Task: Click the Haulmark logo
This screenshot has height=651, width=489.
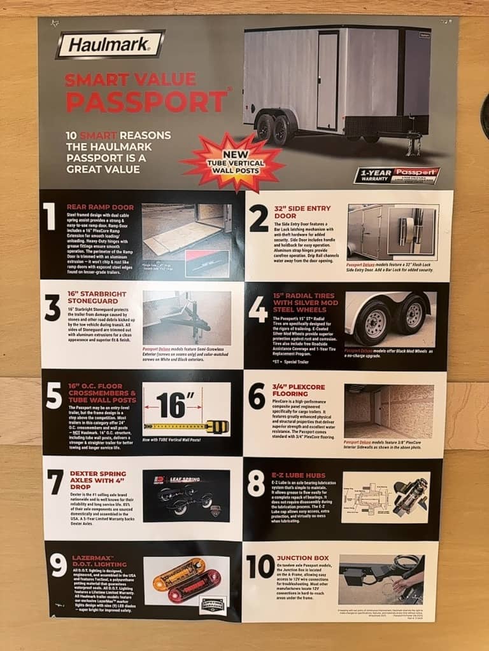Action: tap(110, 45)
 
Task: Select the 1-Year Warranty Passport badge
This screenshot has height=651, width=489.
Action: tap(397, 175)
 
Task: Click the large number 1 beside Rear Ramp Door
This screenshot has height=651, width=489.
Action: tap(50, 217)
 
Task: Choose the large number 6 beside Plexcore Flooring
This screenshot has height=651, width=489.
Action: tap(257, 396)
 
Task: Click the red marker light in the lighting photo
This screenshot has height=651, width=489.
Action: tap(190, 584)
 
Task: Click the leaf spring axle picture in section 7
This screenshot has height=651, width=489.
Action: tap(186, 496)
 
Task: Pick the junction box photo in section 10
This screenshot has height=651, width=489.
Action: tap(381, 579)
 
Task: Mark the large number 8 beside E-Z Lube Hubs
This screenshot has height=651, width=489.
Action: tap(256, 483)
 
